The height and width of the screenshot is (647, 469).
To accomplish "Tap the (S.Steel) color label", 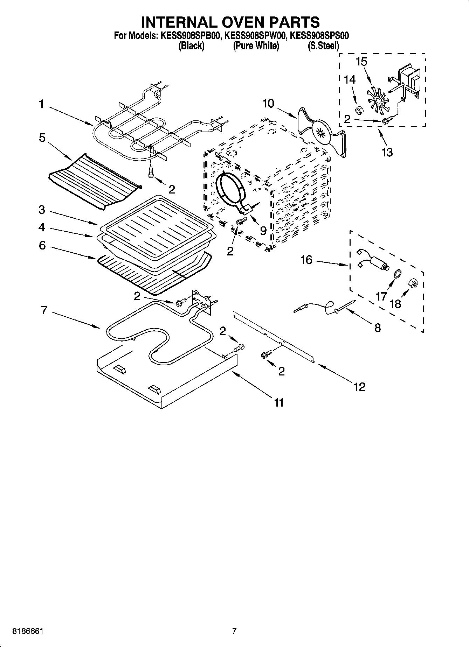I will click(x=323, y=46).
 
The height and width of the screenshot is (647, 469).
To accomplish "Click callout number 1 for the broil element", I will click(x=42, y=104).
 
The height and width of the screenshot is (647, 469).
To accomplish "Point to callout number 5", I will click(x=42, y=138).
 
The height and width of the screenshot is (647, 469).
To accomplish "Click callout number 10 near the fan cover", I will click(x=268, y=104).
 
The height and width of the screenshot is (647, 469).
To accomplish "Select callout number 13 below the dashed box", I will click(x=387, y=152).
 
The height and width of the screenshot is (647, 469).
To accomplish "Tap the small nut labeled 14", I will click(x=358, y=111).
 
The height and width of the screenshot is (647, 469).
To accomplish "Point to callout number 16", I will click(x=306, y=260).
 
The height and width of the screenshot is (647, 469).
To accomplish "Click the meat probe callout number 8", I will click(x=377, y=328).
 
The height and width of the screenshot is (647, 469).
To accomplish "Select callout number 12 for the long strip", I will click(x=359, y=386).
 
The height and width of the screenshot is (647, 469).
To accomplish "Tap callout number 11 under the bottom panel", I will click(x=278, y=402).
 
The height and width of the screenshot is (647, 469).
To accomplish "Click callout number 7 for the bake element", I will click(x=44, y=310).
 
